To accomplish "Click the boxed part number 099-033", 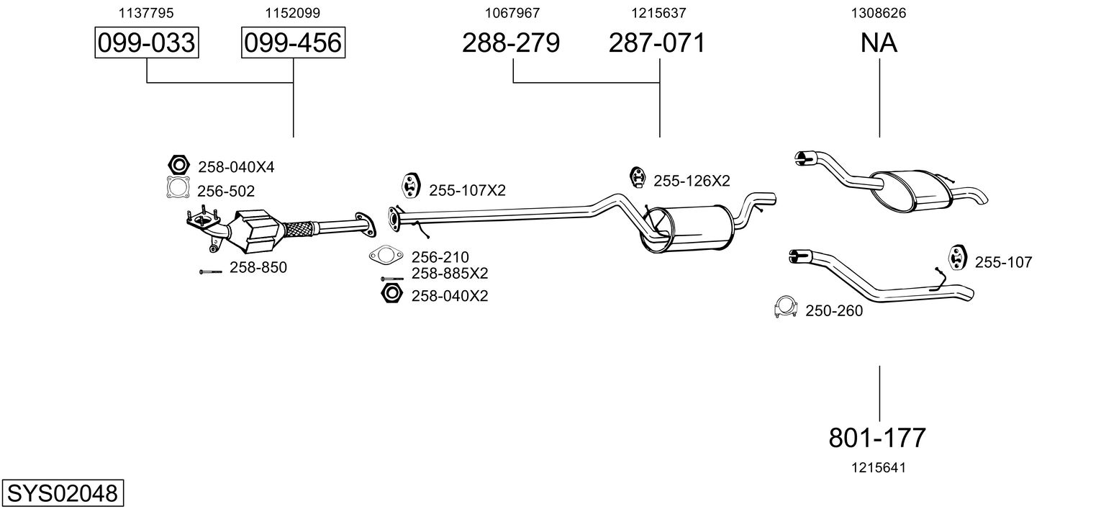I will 147,43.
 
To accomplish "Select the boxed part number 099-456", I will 292,43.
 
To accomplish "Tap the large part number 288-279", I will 511,43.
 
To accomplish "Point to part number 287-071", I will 657,43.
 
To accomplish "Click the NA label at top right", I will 879,43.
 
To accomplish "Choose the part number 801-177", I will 878,437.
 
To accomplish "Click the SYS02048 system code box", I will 62,494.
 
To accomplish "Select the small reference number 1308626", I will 878,12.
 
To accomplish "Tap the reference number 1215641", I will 878,467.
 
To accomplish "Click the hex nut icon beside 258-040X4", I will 178,165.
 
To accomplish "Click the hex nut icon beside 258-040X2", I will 389,294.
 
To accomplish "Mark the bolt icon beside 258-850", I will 210,271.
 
